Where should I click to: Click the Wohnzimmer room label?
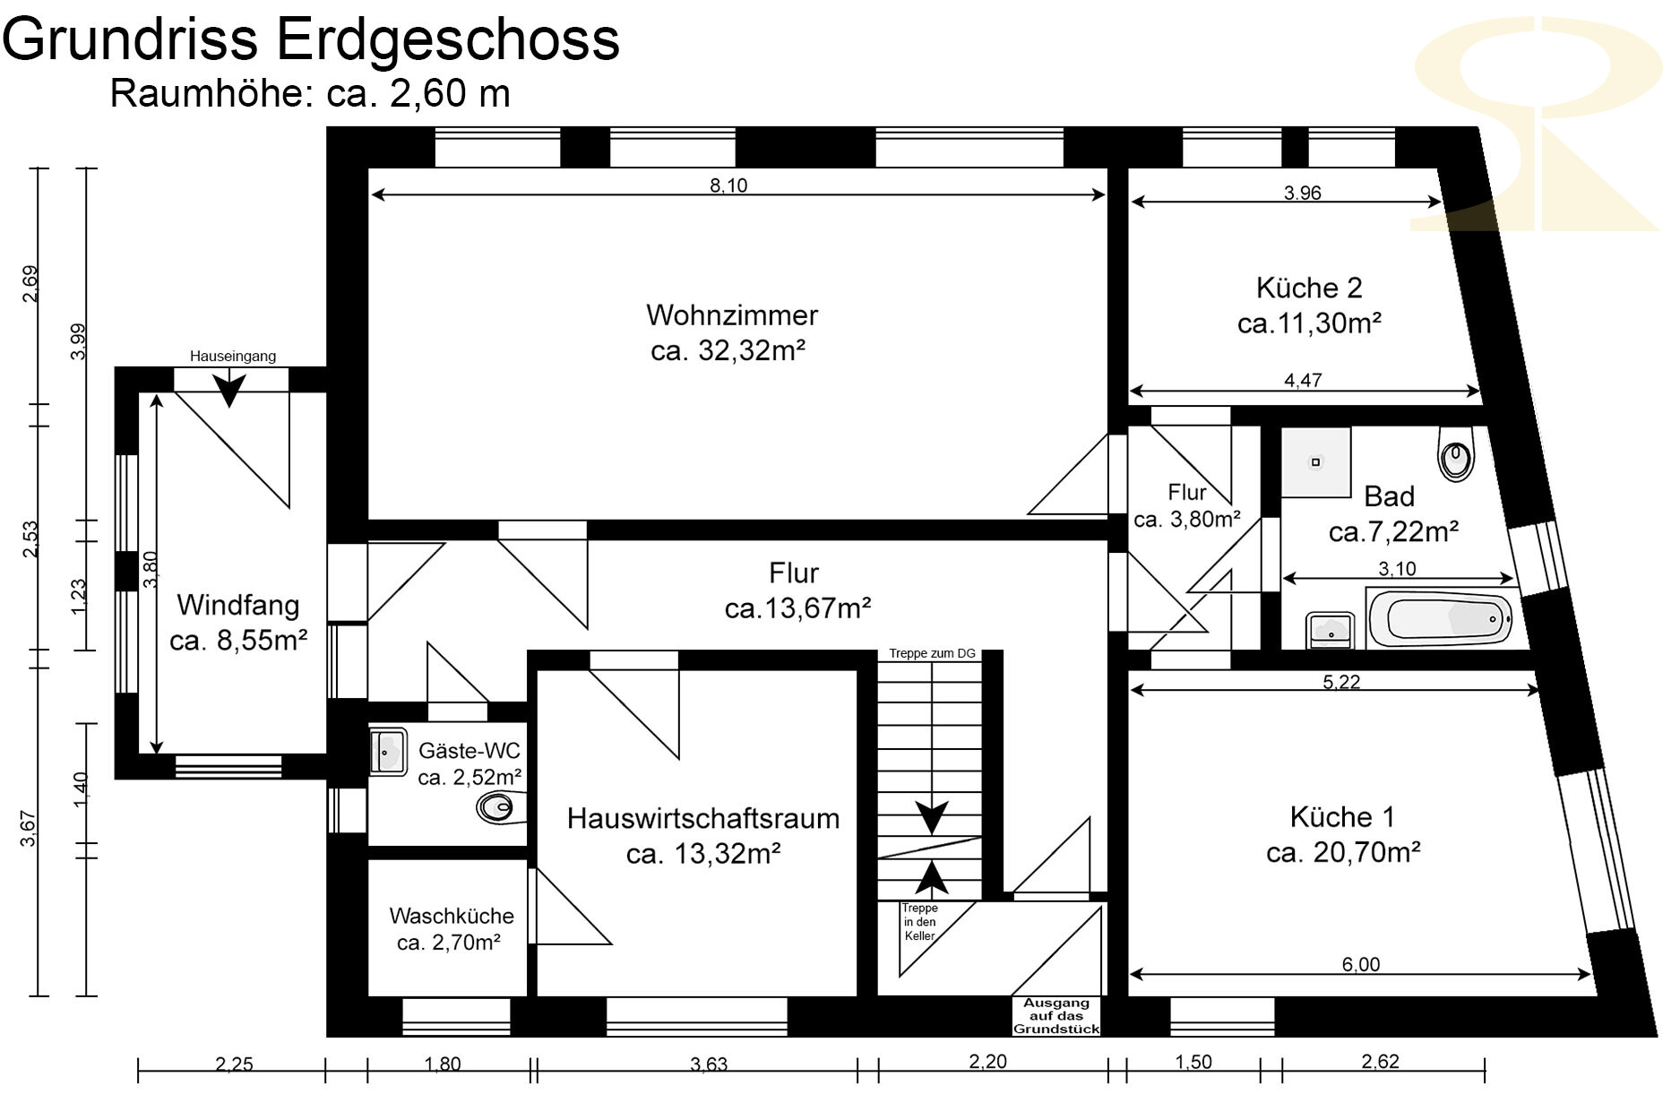point(732,315)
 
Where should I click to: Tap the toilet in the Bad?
point(1456,453)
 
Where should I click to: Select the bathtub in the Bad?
point(1439,617)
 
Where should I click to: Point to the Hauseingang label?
point(233,356)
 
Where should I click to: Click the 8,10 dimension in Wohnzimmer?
point(728,185)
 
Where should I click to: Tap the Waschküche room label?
point(452,916)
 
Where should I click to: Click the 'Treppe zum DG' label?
point(932,653)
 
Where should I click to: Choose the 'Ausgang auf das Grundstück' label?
point(1056,1016)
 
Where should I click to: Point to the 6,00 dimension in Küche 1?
point(1361,964)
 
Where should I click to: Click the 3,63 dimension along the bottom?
point(709,1064)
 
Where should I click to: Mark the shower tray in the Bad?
point(1315,462)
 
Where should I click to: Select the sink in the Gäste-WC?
point(388,752)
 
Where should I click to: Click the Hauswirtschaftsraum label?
point(703,818)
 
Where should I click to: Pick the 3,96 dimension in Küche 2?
point(1302,193)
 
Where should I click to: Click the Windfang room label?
point(238,605)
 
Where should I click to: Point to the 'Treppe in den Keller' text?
point(919,922)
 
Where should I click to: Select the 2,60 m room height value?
point(450,93)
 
